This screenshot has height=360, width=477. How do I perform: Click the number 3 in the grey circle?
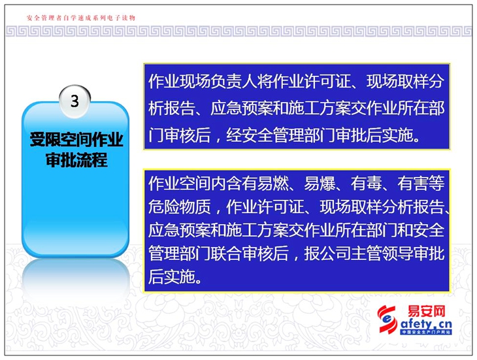click(74, 101)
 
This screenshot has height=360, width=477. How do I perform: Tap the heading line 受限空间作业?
click(76, 140)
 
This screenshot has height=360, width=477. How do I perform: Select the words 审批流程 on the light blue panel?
click(76, 159)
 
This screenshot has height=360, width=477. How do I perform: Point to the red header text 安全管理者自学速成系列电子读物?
click(81, 18)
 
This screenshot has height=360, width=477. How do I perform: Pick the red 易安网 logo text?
click(426, 312)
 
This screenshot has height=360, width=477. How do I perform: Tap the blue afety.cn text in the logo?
click(426, 323)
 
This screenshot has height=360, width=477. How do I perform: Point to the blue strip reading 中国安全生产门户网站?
click(426, 333)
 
